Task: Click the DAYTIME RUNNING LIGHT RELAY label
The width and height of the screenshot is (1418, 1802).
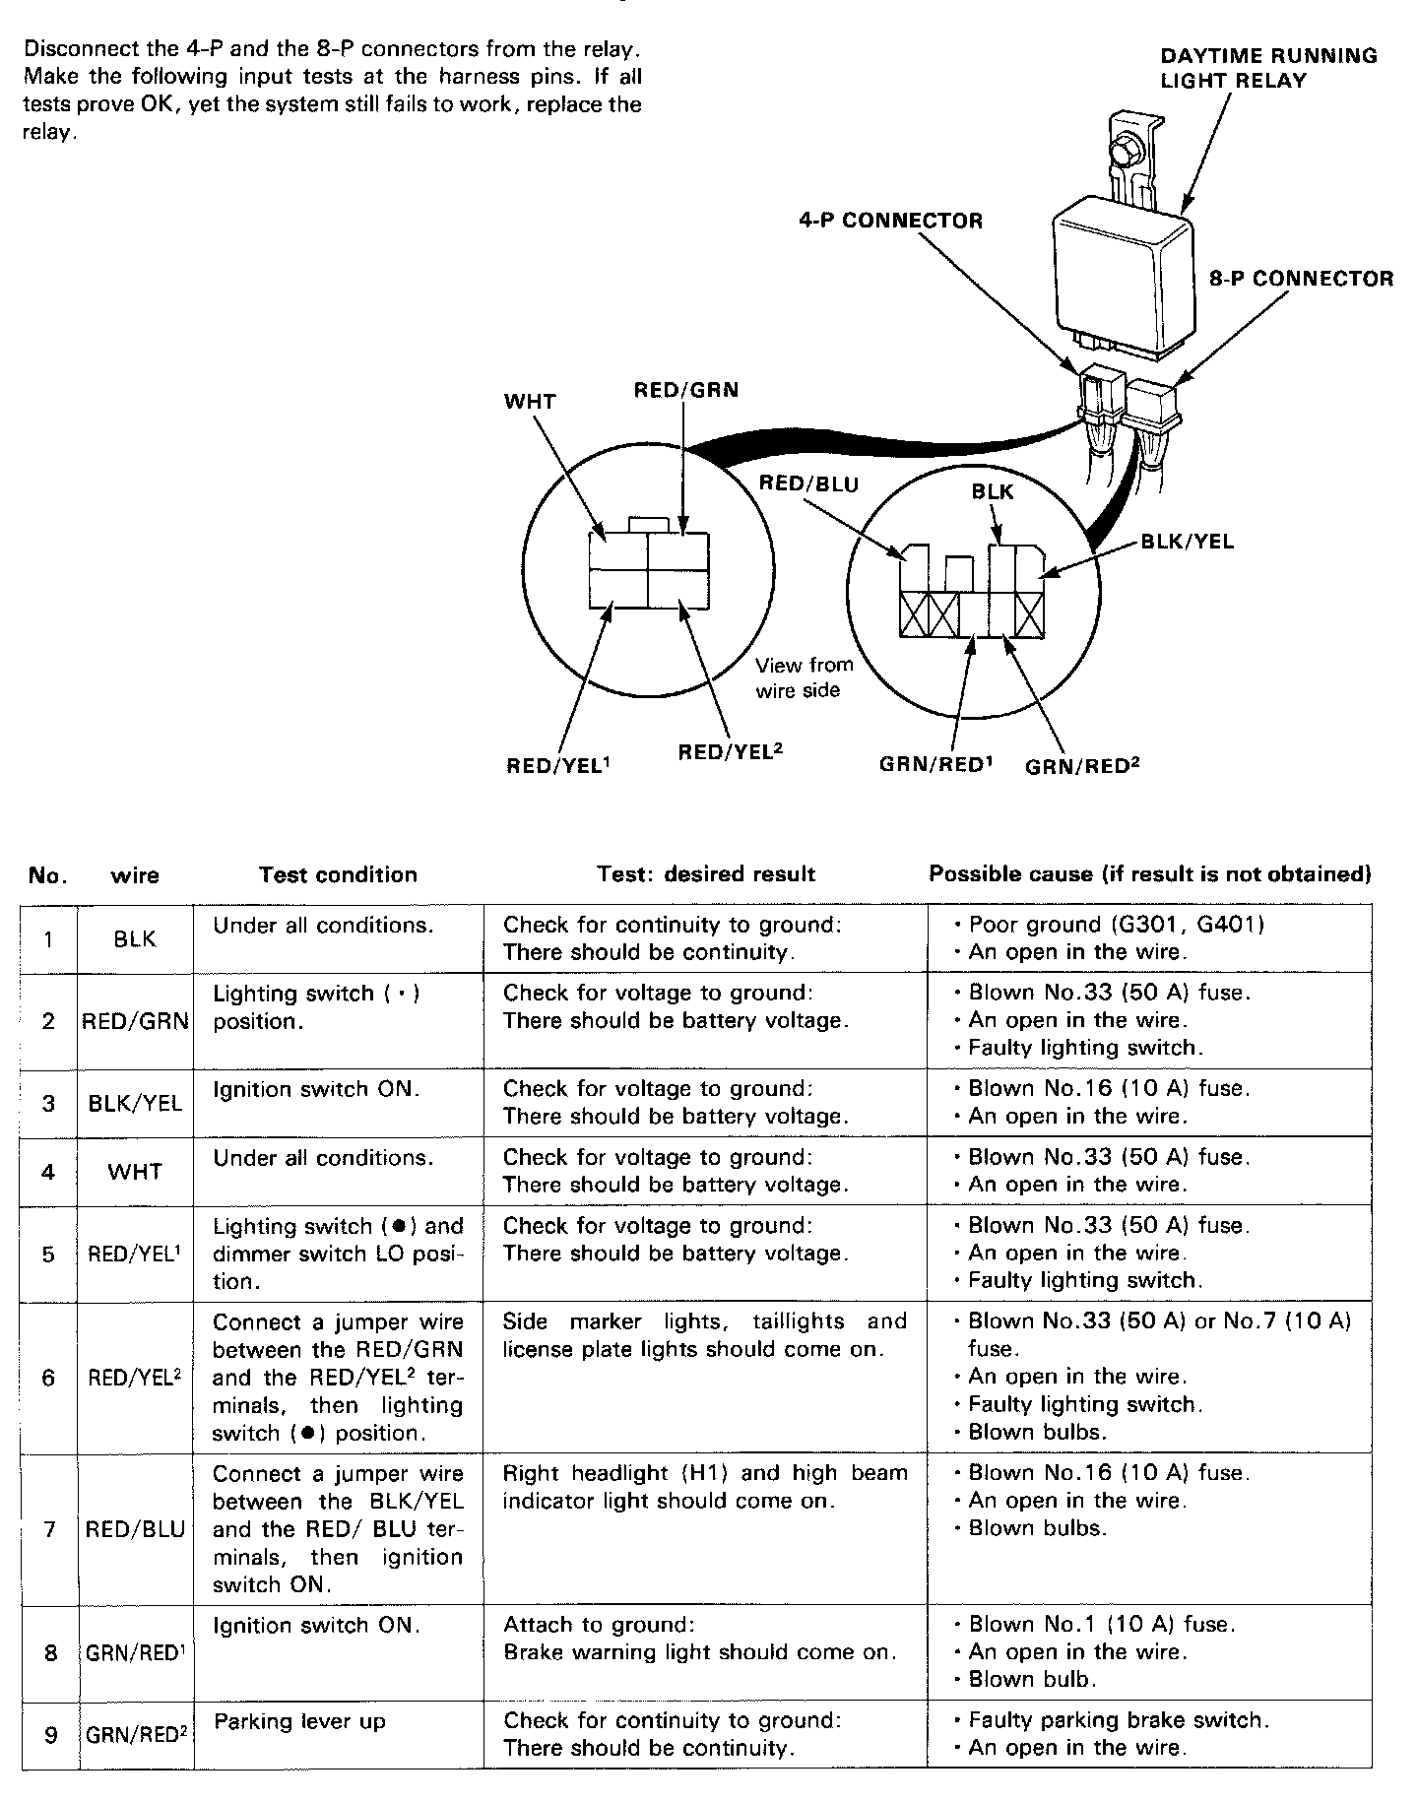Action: [x=1268, y=68]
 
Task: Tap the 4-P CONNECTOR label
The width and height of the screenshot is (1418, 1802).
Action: [x=889, y=221]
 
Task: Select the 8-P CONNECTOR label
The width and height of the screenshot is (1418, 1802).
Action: [x=1300, y=279]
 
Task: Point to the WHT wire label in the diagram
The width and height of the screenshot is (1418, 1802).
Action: [x=530, y=402]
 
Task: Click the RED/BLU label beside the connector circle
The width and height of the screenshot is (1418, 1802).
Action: [x=808, y=483]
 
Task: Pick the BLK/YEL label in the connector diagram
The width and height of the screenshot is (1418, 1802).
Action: [x=1186, y=542]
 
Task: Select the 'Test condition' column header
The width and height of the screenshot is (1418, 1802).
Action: [x=338, y=874]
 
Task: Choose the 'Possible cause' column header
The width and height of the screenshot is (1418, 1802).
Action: [x=1150, y=874]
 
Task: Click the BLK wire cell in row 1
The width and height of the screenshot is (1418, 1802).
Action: [x=135, y=939]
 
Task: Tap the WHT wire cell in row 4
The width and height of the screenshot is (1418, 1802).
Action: [x=135, y=1172]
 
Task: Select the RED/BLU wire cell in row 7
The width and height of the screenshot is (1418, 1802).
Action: [x=135, y=1529]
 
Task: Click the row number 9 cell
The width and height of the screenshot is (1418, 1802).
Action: [x=49, y=1735]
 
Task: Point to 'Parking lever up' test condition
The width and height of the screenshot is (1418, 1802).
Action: [x=299, y=1721]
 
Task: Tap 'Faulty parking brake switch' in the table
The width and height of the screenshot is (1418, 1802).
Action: [x=1119, y=1720]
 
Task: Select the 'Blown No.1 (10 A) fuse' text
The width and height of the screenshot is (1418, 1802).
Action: [x=1102, y=1624]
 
